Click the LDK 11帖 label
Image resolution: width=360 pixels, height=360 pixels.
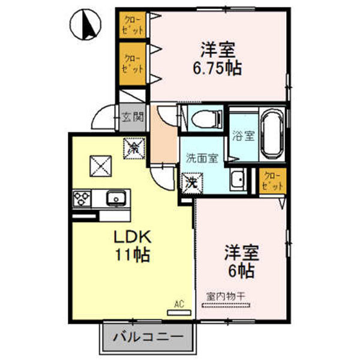(131, 244)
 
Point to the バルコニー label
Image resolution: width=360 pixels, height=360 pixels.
(148, 338)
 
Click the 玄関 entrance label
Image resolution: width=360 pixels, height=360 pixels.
(133, 116)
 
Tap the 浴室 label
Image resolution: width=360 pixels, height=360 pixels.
(244, 136)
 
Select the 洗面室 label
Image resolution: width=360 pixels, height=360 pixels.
(202, 159)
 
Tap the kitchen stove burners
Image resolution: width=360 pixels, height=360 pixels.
(82, 197)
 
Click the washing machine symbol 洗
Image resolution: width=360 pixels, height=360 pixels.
(190, 180)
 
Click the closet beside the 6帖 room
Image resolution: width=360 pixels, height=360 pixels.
(272, 181)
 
